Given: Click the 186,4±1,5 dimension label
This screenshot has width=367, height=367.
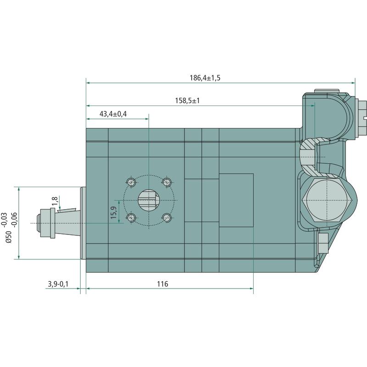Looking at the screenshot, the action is tap(205, 78).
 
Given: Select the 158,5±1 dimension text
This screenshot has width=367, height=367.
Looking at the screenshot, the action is tap(187, 100).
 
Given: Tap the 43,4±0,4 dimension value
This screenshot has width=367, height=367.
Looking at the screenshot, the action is tap(113, 114).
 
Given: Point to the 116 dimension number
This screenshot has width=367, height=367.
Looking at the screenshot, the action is tap(162, 284).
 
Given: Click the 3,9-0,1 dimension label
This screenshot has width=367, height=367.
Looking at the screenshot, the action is tap(58, 284).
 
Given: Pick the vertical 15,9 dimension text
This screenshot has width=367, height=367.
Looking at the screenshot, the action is tap(114, 212).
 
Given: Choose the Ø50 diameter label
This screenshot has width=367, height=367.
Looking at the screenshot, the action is tap(8, 237).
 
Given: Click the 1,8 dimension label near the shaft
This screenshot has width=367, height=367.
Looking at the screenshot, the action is tap(55, 201).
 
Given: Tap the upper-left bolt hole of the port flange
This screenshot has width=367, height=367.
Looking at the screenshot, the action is tap(131, 182).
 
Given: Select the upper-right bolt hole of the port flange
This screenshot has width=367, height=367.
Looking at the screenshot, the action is tap(167, 182).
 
